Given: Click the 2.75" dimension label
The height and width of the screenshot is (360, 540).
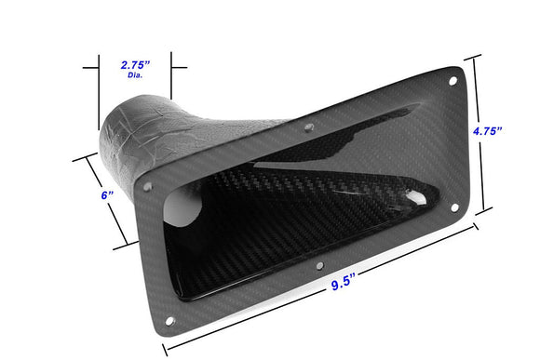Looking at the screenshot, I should (x=137, y=66).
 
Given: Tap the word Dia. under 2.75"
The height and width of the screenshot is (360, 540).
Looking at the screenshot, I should (x=137, y=77).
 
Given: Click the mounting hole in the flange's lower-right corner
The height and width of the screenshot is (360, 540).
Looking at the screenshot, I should (x=454, y=207).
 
